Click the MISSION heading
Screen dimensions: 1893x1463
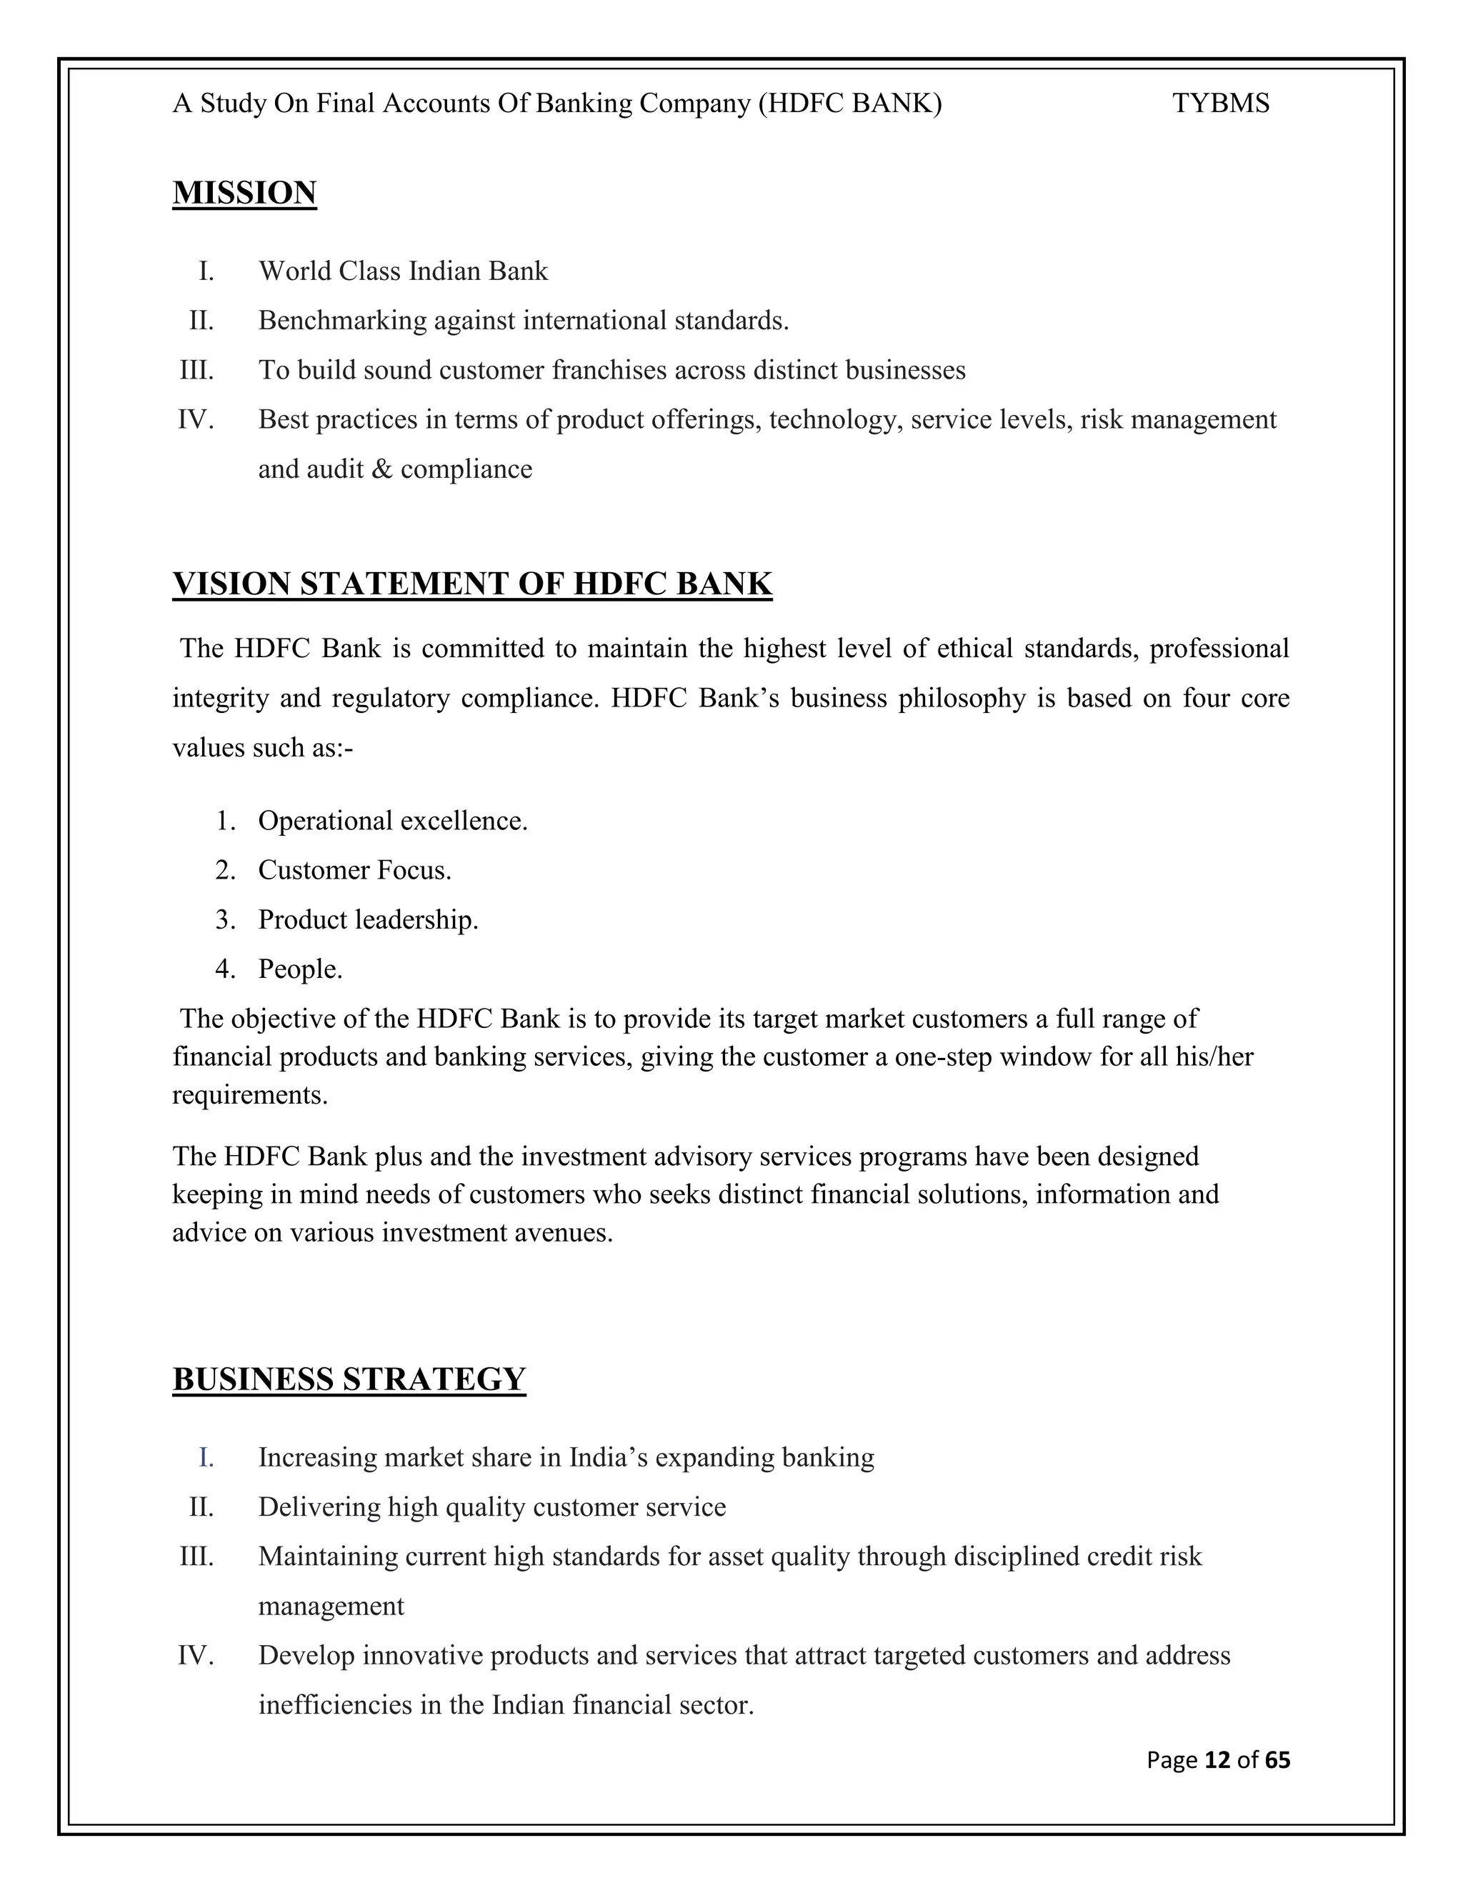[x=244, y=192]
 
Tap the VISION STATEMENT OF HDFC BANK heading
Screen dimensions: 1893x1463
[x=472, y=584]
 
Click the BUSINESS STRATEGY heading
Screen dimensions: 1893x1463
[x=349, y=1379]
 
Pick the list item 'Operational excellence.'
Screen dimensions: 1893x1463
[x=393, y=820]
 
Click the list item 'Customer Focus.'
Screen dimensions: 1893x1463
[x=354, y=869]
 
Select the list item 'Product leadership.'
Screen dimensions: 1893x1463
[x=369, y=919]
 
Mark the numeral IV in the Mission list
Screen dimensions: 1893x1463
[x=196, y=419]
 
